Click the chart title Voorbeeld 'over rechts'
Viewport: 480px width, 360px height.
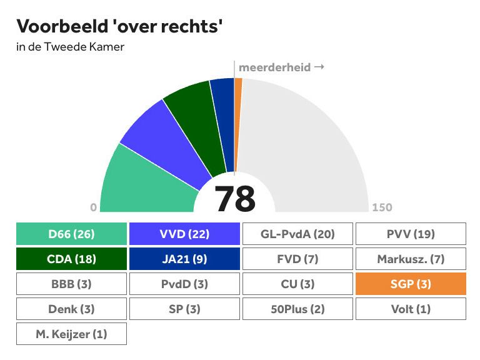(x=119, y=27)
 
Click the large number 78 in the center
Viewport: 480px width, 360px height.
(x=235, y=199)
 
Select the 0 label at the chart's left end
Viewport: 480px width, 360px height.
(x=94, y=208)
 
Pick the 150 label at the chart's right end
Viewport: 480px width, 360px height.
(x=382, y=208)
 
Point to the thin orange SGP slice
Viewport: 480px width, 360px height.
(x=237, y=106)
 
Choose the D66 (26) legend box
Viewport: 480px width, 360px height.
(x=71, y=234)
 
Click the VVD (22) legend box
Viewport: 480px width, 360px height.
(x=184, y=234)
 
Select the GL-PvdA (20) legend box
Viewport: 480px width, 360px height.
(x=297, y=234)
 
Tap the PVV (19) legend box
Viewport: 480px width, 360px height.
(x=411, y=234)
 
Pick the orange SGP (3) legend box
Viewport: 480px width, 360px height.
(x=411, y=284)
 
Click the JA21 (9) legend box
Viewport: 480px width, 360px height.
(x=184, y=259)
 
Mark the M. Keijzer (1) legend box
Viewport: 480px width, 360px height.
(x=71, y=334)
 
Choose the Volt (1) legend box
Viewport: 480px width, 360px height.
(x=411, y=309)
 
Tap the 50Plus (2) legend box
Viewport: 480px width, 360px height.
(x=297, y=309)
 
